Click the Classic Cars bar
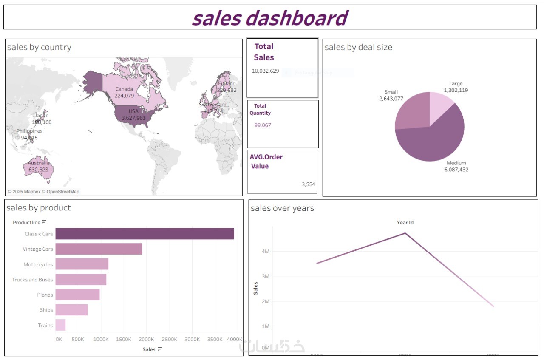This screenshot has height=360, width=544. (x=144, y=234)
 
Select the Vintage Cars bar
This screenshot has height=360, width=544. (x=99, y=249)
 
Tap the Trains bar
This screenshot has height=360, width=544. (x=60, y=325)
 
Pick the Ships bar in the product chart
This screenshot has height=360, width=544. (x=71, y=310)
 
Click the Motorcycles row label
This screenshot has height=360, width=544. (x=38, y=264)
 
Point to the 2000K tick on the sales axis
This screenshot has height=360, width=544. (x=146, y=340)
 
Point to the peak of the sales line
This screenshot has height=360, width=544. (x=405, y=233)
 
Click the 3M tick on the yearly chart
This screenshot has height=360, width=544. (x=265, y=276)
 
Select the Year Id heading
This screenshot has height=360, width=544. (x=405, y=223)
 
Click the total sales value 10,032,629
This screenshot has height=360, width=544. (x=266, y=71)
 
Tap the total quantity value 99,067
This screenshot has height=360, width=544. (x=263, y=125)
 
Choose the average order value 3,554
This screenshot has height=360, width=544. (x=308, y=184)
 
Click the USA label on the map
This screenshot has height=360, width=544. (x=133, y=111)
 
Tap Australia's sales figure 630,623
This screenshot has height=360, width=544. (x=38, y=170)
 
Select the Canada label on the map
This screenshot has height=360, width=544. (x=124, y=89)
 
